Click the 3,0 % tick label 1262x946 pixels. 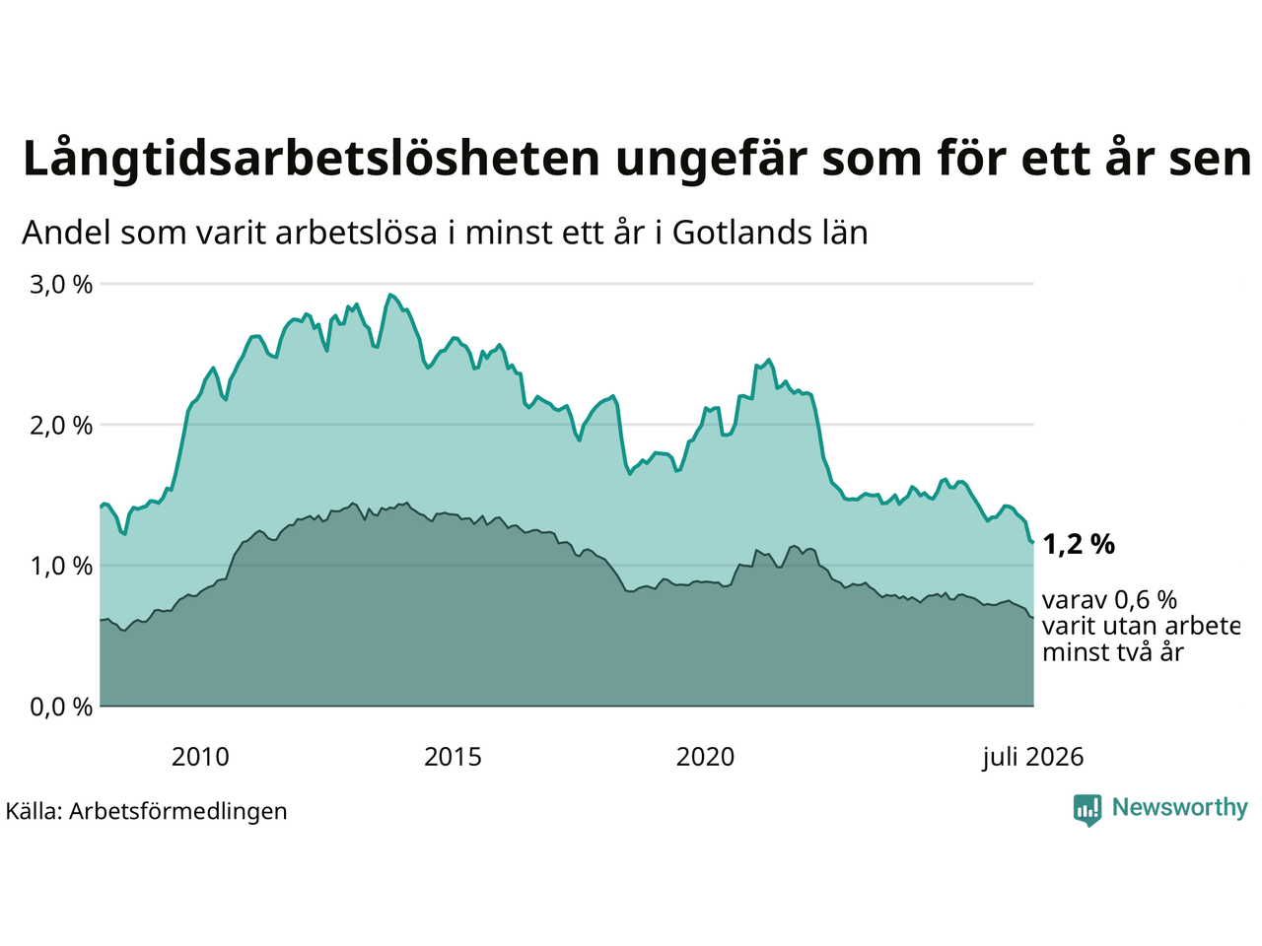point(61,285)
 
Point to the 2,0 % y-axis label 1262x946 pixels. point(61,426)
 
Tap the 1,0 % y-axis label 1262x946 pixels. point(61,567)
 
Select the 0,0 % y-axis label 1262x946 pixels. point(61,708)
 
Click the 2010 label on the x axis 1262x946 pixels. point(200,758)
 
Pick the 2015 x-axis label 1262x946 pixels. point(453,758)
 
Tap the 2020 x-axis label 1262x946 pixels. point(705,758)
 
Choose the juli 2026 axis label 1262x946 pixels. point(1033,758)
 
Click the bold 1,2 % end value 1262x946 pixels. point(1079,545)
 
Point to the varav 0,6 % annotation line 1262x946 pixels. point(1109,600)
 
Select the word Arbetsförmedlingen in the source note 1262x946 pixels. point(177,812)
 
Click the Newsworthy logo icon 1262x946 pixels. point(1087,810)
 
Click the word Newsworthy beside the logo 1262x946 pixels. point(1180,808)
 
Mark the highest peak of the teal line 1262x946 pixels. point(390,295)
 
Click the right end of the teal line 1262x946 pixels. point(1033,542)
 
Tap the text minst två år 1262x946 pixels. point(1113,653)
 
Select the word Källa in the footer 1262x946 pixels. point(34,811)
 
